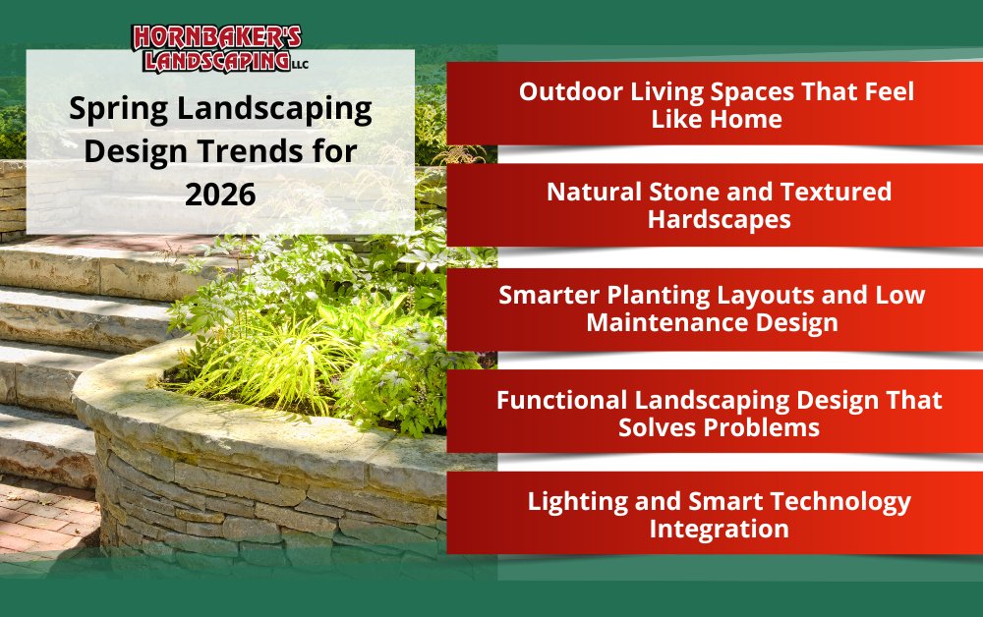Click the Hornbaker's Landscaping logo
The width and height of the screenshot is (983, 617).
(x=219, y=49)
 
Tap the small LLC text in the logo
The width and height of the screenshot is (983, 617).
(x=300, y=65)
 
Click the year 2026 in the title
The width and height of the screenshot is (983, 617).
(x=220, y=195)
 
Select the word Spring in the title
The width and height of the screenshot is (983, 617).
(x=119, y=110)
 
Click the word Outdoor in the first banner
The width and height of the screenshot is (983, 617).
(x=571, y=91)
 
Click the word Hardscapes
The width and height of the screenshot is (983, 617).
(x=720, y=220)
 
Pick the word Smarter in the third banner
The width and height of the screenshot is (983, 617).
(x=549, y=295)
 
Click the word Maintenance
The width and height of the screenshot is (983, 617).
(x=667, y=322)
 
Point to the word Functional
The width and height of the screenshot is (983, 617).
(x=561, y=400)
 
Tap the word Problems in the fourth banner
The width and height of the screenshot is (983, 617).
(x=764, y=427)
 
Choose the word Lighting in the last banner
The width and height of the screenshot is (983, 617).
(x=577, y=502)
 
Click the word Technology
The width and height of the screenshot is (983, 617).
(x=840, y=502)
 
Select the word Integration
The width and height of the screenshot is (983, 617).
(x=720, y=530)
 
